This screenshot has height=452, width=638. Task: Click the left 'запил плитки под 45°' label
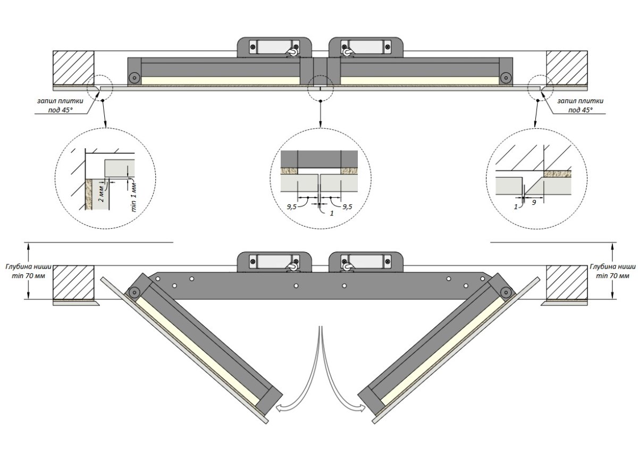pos(60,105)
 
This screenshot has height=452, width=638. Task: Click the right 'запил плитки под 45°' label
pos(580,105)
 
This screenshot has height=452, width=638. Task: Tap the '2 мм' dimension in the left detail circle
pos(102,194)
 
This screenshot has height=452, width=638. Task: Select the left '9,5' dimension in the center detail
pos(291,207)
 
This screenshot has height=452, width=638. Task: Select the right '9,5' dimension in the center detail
pos(347,207)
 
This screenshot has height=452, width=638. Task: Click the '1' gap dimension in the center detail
pos(332,213)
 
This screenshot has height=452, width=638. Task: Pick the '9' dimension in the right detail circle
pos(534,203)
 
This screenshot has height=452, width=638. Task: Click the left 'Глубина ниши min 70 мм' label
pos(29,271)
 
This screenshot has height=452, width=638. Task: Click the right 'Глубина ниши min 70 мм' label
pos(612,271)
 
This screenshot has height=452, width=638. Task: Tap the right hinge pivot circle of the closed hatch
pos(506,78)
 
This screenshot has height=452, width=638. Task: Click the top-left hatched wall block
pos(73,68)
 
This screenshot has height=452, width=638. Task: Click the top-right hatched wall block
pos(567,68)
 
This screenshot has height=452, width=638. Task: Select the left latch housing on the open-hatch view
pos(274,262)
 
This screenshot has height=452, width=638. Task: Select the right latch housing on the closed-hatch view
pos(366,47)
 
